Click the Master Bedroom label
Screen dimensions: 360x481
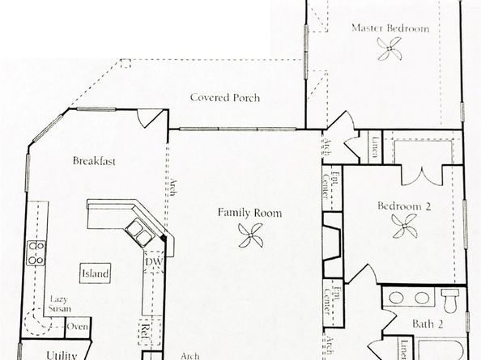389,28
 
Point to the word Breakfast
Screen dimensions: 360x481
94,161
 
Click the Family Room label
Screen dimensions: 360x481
249,214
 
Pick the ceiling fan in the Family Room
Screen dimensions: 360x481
249,236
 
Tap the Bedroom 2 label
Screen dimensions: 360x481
404,206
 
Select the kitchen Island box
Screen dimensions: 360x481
95,273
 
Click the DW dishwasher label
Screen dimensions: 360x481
152,263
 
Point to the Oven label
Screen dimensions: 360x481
78,327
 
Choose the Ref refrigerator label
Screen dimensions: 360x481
147,330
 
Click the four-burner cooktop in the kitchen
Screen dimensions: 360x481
36,253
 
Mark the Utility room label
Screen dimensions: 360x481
62,354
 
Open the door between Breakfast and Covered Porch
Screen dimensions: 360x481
151,118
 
